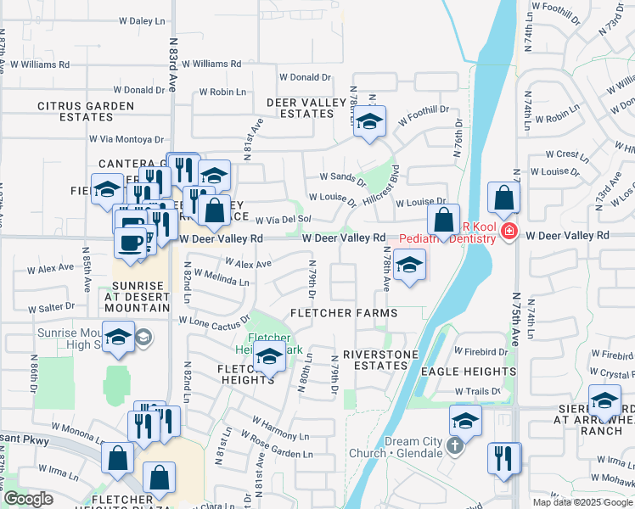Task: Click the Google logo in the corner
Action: click(28, 499)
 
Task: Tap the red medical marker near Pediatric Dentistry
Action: click(509, 231)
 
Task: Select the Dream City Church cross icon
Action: click(454, 446)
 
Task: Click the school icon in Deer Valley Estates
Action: click(369, 122)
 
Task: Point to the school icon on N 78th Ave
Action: click(409, 266)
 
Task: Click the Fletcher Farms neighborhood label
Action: click(344, 313)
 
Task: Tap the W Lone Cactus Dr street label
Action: click(213, 322)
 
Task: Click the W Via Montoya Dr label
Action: click(126, 139)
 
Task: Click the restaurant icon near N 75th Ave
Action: click(504, 459)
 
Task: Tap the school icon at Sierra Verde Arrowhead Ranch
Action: click(604, 400)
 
